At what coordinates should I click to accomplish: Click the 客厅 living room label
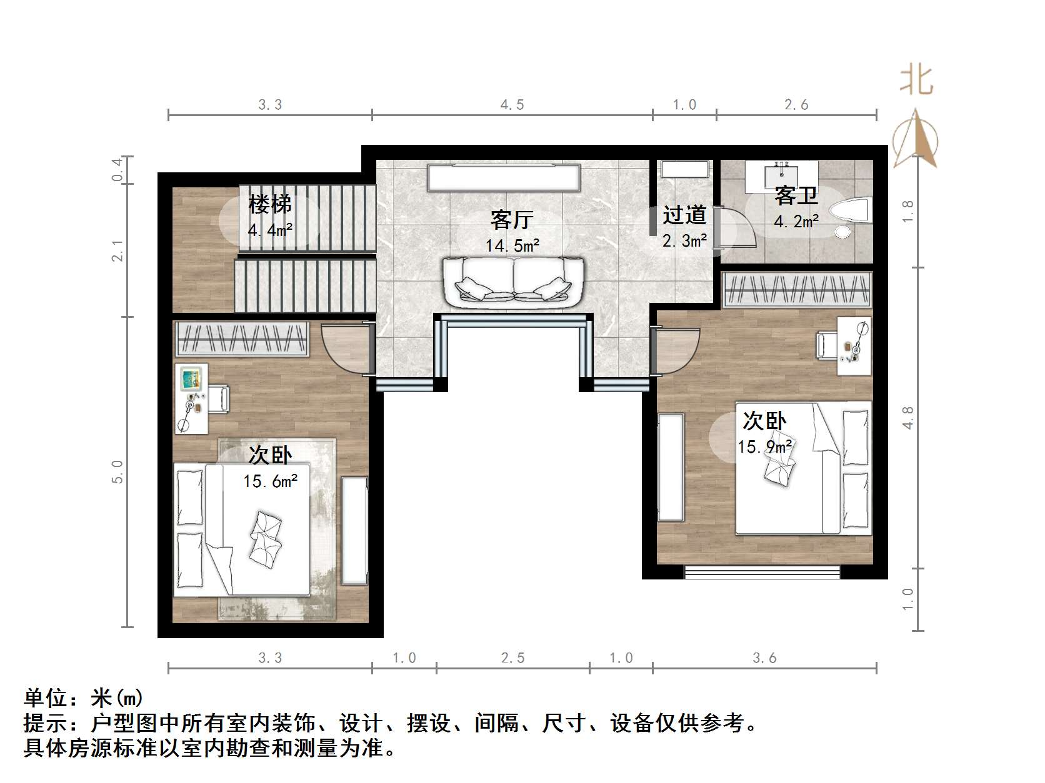(x=511, y=220)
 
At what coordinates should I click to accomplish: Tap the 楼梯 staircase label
(x=270, y=204)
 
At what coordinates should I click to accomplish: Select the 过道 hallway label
(x=684, y=215)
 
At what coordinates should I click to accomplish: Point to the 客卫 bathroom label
(x=796, y=196)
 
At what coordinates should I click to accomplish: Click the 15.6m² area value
(x=270, y=481)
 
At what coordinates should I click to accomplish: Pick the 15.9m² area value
(x=765, y=447)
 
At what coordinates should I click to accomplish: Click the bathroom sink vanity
(x=781, y=174)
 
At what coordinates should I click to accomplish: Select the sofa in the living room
(x=512, y=282)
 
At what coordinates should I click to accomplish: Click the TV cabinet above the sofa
(x=504, y=177)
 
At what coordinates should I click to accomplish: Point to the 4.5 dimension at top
(x=512, y=105)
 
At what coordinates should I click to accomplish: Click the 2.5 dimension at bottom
(x=512, y=658)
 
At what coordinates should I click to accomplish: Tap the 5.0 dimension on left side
(x=117, y=471)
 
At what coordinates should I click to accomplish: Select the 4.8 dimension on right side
(x=908, y=417)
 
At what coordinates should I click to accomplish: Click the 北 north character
(x=916, y=81)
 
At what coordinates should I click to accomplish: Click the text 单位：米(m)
(x=84, y=697)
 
